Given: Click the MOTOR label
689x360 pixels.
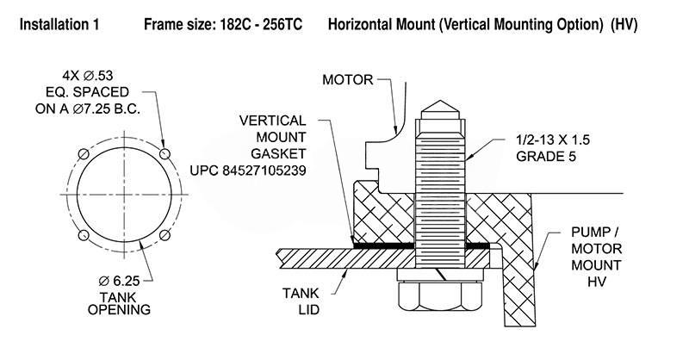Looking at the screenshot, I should coord(347,80).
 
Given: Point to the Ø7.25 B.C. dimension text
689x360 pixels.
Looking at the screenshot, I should coord(111,109).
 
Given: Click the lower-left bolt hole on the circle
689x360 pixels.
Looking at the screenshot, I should coord(83,235).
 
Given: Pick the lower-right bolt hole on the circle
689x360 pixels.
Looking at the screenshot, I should coord(164,235).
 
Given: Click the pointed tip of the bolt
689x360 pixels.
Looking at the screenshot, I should coord(441,96).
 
